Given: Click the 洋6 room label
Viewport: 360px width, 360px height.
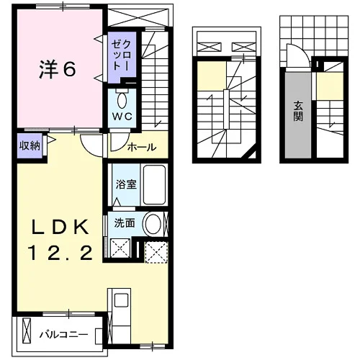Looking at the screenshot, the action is click(58, 69).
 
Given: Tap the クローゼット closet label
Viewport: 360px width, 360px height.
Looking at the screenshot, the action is click(122, 55).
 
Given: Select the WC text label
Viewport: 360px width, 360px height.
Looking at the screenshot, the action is click(122, 117).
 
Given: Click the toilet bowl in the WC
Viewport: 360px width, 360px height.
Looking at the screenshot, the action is click(122, 101).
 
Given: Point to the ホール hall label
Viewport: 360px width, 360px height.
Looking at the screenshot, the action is click(142, 147).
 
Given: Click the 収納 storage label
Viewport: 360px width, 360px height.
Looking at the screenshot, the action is click(30, 145).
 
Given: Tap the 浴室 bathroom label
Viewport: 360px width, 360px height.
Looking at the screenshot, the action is click(126, 184).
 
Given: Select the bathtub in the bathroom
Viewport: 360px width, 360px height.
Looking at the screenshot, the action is click(154, 185).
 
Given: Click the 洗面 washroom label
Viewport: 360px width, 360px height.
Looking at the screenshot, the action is click(125, 223).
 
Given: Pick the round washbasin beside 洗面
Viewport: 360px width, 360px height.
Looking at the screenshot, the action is click(153, 224).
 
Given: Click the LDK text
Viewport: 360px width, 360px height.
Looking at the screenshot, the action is click(60, 228).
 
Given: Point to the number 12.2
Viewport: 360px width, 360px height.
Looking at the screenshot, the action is click(60, 253).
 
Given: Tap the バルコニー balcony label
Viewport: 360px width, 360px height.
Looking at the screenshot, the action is click(63, 334).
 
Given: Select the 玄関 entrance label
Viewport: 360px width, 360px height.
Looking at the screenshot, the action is click(298, 111).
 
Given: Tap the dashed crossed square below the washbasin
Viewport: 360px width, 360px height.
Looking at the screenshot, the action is click(156, 252).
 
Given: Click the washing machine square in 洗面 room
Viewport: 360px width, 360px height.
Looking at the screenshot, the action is click(120, 248).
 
